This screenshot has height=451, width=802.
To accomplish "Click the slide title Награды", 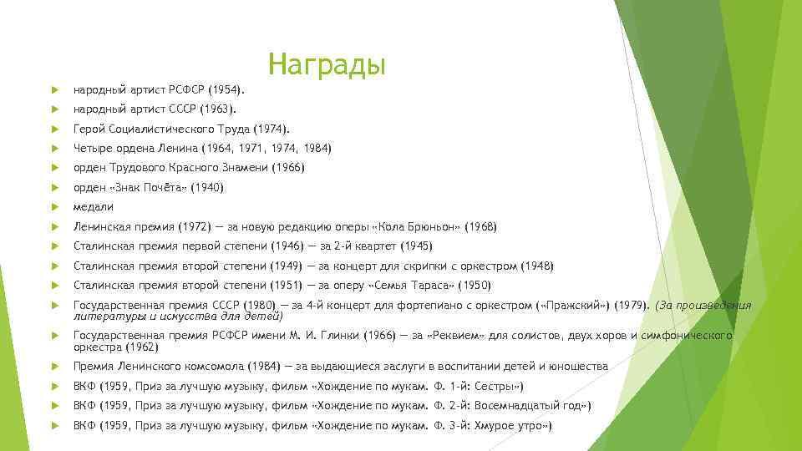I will [x=327, y=64].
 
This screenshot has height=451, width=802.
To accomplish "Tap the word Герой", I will [x=89, y=129].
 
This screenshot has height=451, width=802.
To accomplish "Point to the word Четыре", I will [x=91, y=148].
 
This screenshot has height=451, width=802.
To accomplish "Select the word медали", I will [x=94, y=206].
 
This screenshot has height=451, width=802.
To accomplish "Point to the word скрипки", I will [x=424, y=266].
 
